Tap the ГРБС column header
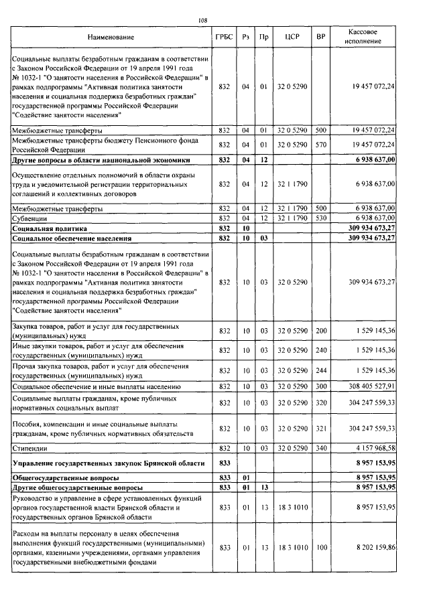(224, 37)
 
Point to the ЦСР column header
(292, 37)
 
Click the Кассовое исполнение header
(366, 37)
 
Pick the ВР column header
(320, 37)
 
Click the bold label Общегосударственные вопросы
(66, 479)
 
